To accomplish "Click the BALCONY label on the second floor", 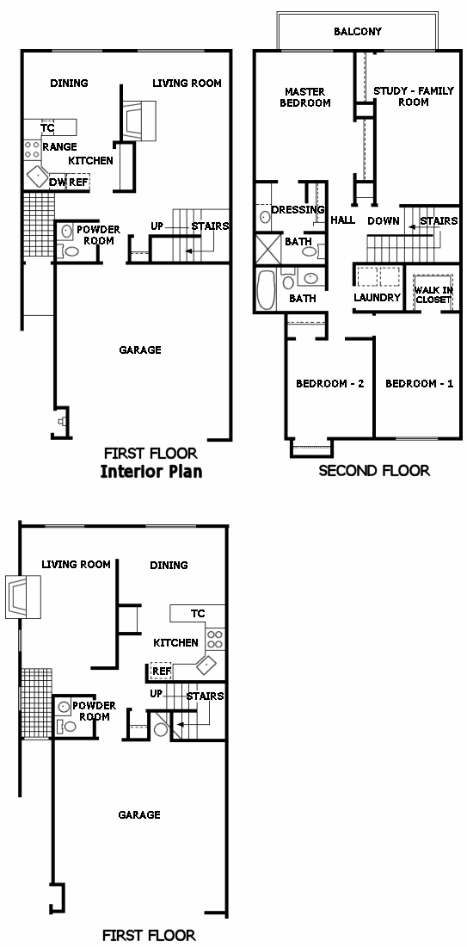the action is pyautogui.click(x=358, y=31).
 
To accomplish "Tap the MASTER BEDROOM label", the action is pyautogui.click(x=304, y=97).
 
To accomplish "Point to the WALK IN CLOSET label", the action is pyautogui.click(x=433, y=294).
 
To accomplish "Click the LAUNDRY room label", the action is pyautogui.click(x=377, y=297).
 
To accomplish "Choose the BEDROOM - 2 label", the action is pyautogui.click(x=330, y=383).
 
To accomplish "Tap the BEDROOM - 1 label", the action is pyautogui.click(x=420, y=383).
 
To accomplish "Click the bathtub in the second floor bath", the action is pyautogui.click(x=266, y=289).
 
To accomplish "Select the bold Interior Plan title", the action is pyautogui.click(x=151, y=472).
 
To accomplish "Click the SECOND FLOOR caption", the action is pyautogui.click(x=374, y=470).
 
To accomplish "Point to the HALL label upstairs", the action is pyautogui.click(x=342, y=220).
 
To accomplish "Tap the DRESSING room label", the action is pyautogui.click(x=298, y=209).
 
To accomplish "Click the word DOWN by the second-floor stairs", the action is pyautogui.click(x=383, y=220).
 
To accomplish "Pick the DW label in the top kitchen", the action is pyautogui.click(x=58, y=182).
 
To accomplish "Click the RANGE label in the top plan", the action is pyautogui.click(x=59, y=146).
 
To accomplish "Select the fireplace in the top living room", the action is pyautogui.click(x=139, y=121).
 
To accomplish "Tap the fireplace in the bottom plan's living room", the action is pyautogui.click(x=23, y=597).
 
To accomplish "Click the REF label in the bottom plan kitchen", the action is pyautogui.click(x=161, y=671).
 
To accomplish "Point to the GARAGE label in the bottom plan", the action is pyautogui.click(x=139, y=814).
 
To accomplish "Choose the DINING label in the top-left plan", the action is pyautogui.click(x=70, y=83).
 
